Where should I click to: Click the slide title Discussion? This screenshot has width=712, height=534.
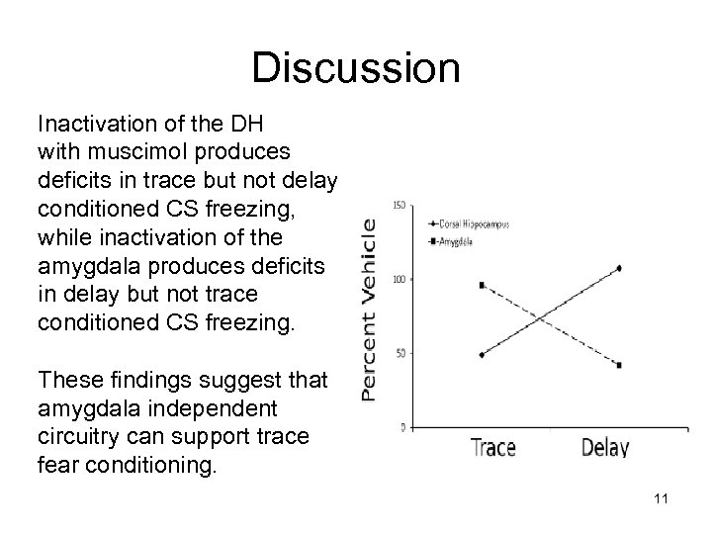pyautogui.click(x=355, y=68)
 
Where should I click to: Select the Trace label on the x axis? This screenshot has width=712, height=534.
pyautogui.click(x=493, y=447)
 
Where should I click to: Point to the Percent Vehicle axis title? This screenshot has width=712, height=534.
pyautogui.click(x=369, y=309)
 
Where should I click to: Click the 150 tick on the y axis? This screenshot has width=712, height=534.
pyautogui.click(x=400, y=206)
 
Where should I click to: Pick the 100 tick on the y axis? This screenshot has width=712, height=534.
pyautogui.click(x=400, y=280)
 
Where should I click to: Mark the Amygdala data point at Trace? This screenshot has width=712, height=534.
pyautogui.click(x=481, y=285)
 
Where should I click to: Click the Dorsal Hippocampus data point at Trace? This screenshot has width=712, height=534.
pyautogui.click(x=481, y=354)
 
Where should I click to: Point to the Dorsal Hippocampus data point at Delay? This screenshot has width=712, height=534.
pyautogui.click(x=619, y=268)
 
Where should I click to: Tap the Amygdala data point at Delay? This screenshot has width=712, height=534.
pyautogui.click(x=619, y=365)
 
